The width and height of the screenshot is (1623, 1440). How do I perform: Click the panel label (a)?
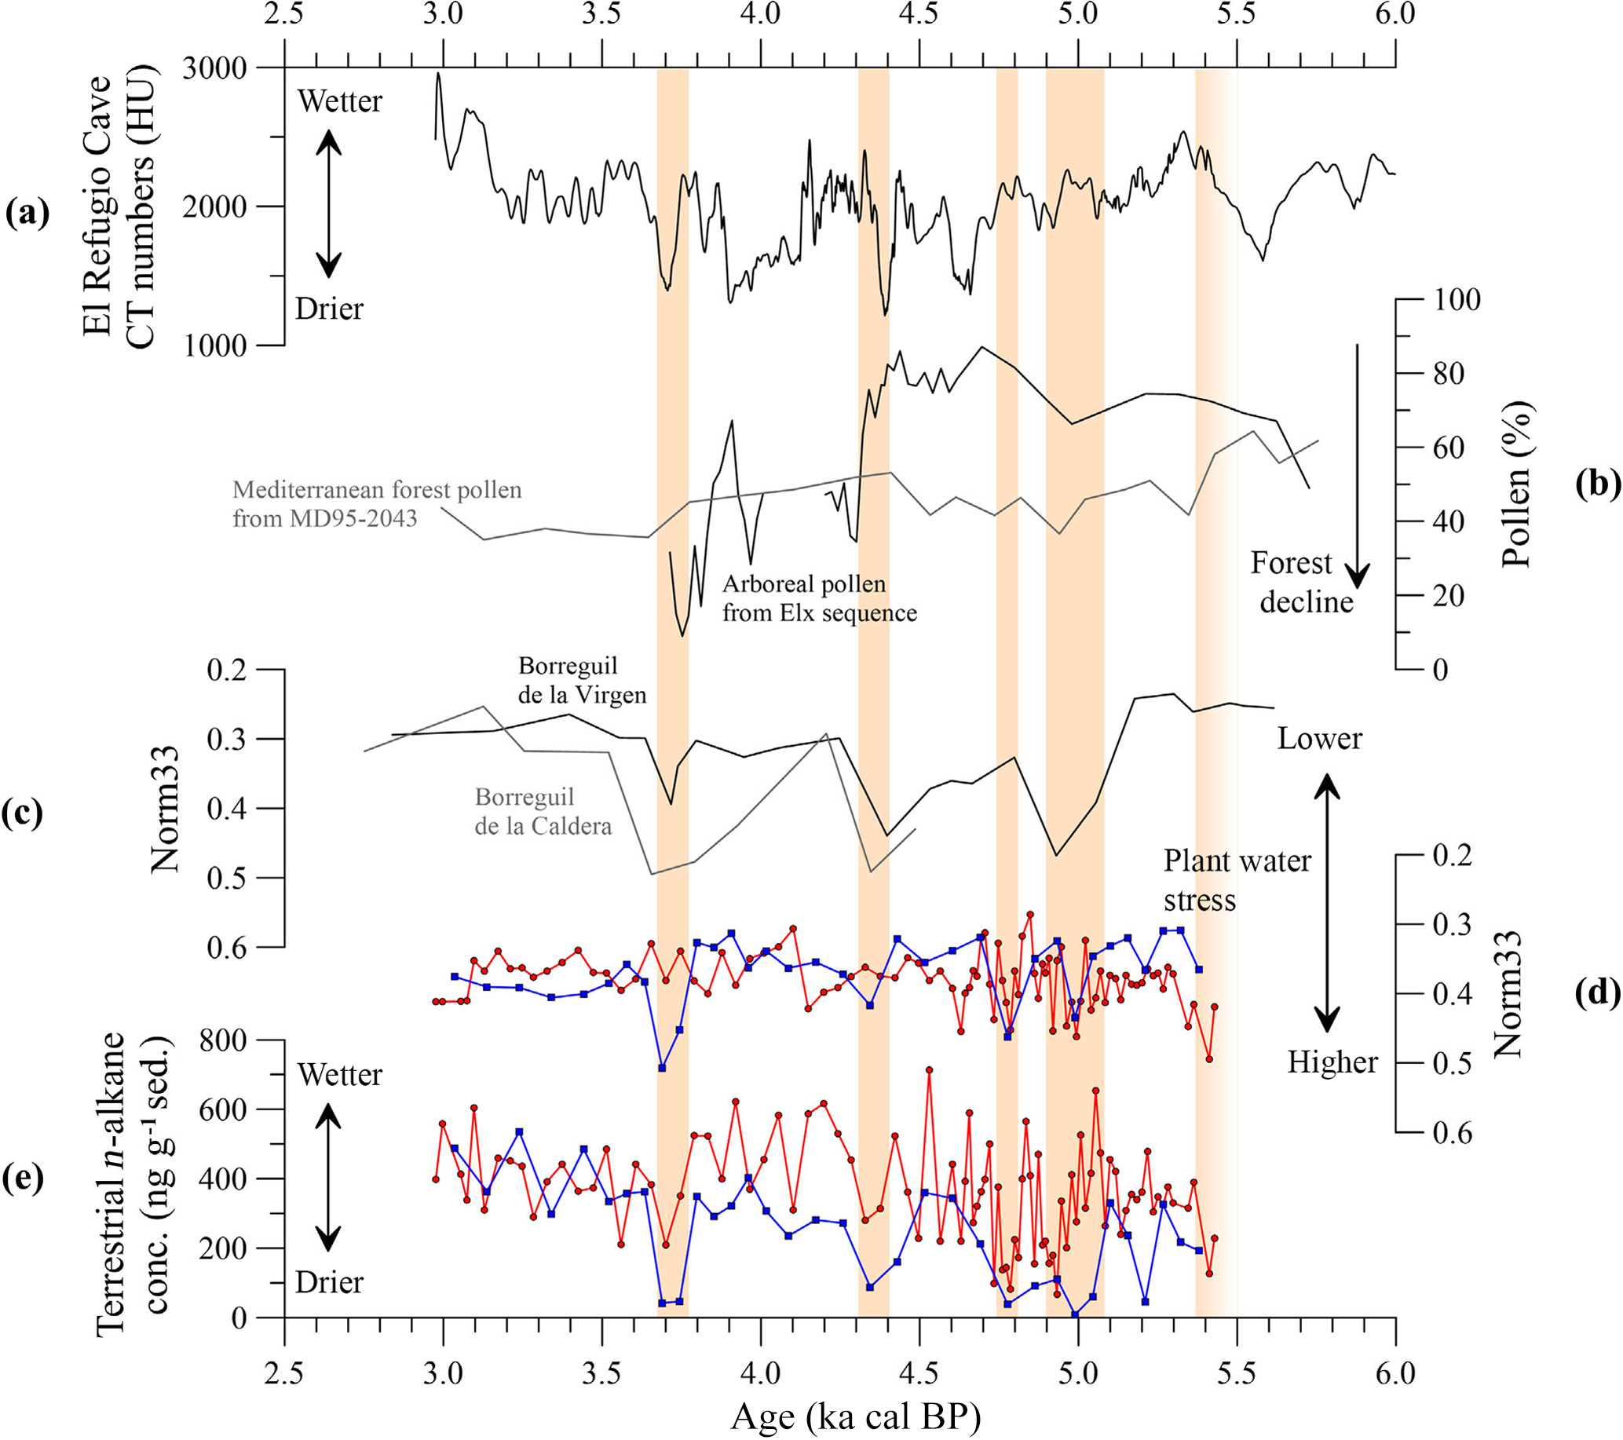pyautogui.click(x=27, y=214)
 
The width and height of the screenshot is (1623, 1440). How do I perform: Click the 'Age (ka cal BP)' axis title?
pyautogui.click(x=855, y=1415)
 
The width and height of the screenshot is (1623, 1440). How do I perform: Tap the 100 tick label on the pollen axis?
pyautogui.click(x=1457, y=301)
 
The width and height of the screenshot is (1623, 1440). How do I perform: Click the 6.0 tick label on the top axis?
pyautogui.click(x=1395, y=14)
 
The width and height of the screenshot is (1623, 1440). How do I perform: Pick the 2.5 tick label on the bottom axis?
pyautogui.click(x=284, y=1372)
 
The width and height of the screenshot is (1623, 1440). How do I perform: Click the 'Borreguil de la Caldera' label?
pyautogui.click(x=543, y=810)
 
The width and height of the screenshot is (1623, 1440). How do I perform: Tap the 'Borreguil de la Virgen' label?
pyautogui.click(x=582, y=680)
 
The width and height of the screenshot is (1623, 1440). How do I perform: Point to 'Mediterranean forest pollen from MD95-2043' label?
pyautogui.click(x=377, y=504)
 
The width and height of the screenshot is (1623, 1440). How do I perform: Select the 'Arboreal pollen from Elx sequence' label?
pyautogui.click(x=820, y=598)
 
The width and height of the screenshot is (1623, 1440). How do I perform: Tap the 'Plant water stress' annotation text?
pyautogui.click(x=1237, y=880)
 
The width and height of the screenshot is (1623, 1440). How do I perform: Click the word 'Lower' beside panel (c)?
pyautogui.click(x=1319, y=739)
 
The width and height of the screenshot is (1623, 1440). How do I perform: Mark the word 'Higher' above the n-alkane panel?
pyautogui.click(x=1332, y=1062)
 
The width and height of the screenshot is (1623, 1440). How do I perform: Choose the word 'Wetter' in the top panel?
pyautogui.click(x=340, y=101)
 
